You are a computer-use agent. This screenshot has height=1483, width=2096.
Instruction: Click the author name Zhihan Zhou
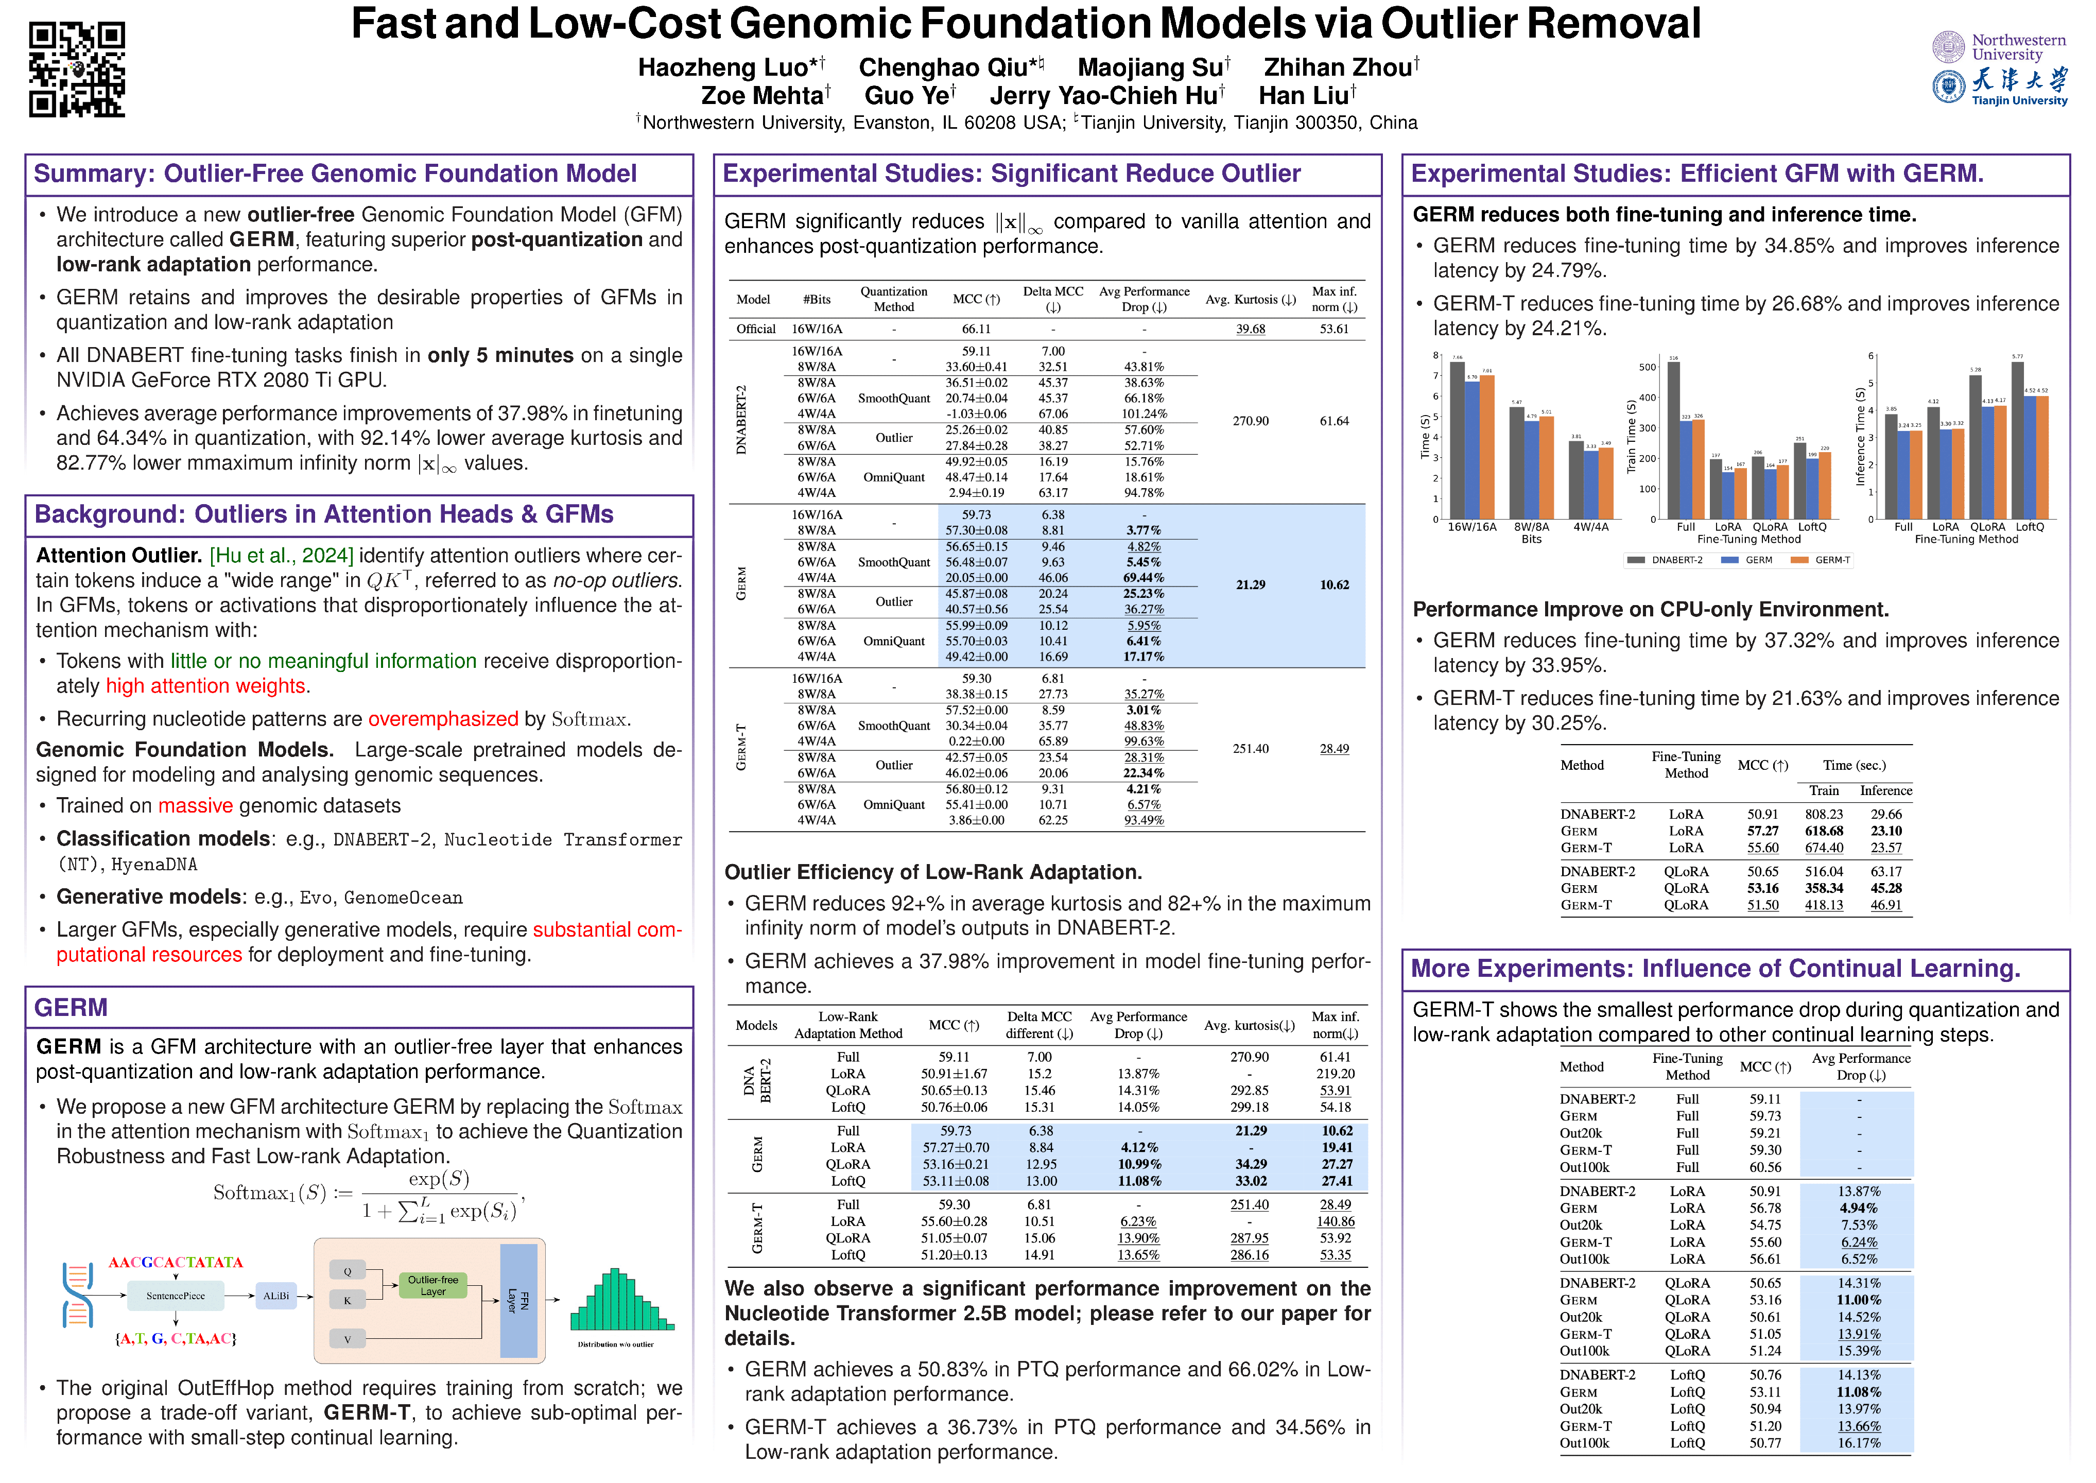click(x=1339, y=67)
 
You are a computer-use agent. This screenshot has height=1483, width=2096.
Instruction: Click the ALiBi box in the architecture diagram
click(x=275, y=1296)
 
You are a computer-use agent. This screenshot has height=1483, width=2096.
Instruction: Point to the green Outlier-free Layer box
click(x=432, y=1286)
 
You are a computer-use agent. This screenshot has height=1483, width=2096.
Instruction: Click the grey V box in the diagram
click(x=347, y=1340)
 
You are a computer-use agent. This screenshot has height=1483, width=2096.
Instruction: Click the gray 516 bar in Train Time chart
click(x=1673, y=440)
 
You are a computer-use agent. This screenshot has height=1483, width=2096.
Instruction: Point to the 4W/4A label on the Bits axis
click(x=1590, y=527)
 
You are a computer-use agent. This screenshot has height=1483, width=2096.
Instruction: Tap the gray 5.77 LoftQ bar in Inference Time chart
click(x=2018, y=440)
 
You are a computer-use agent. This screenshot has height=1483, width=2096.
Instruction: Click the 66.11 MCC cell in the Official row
click(x=976, y=329)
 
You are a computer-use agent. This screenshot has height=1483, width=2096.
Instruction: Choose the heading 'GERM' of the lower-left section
click(x=71, y=1007)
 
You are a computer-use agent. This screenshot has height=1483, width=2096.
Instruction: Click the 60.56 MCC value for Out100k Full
click(x=1764, y=1167)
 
